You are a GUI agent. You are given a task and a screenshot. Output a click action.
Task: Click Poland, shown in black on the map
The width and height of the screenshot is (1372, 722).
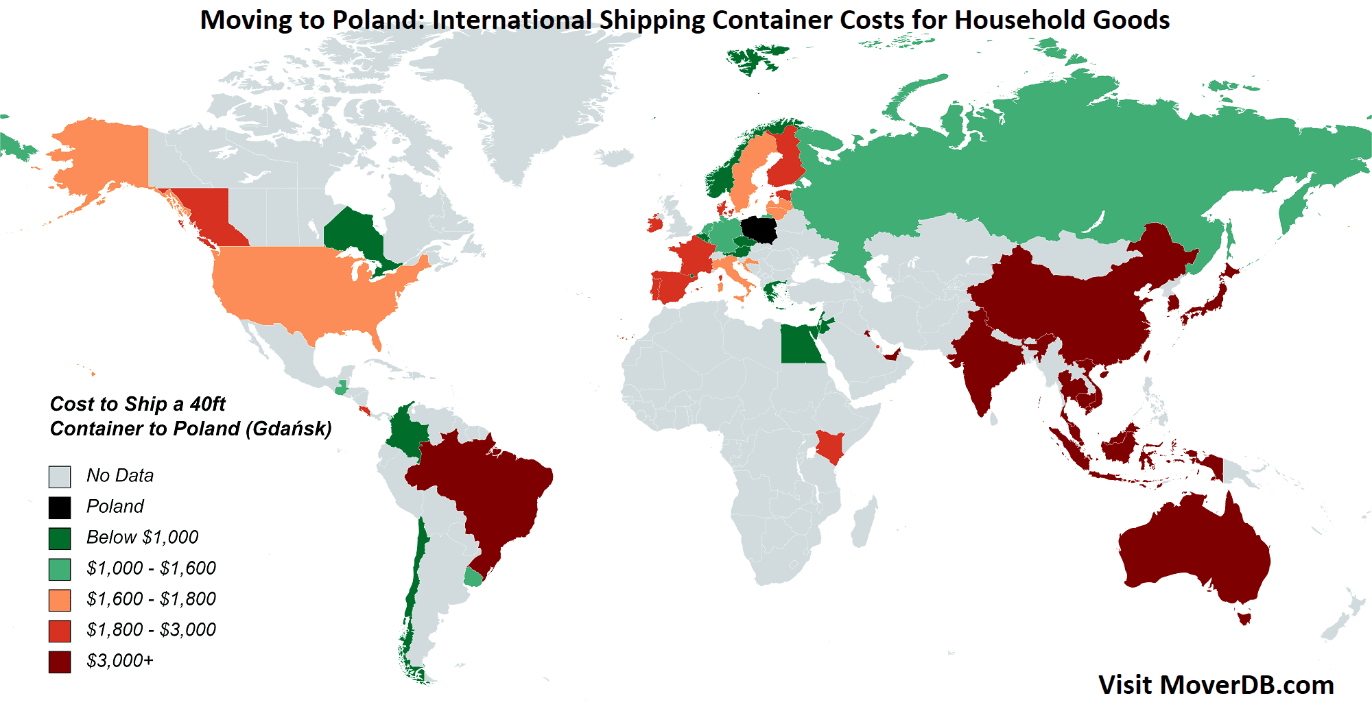pyautogui.click(x=759, y=230)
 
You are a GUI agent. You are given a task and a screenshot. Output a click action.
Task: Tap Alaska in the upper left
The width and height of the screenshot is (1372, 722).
pyautogui.click(x=103, y=158)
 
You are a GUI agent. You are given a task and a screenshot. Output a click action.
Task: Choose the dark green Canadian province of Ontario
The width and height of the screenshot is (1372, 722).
pyautogui.click(x=353, y=233)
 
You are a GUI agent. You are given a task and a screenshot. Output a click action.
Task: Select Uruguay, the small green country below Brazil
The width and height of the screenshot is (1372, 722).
pyautogui.click(x=473, y=578)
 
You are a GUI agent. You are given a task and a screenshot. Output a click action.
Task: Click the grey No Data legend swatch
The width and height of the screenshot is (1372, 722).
pyautogui.click(x=60, y=477)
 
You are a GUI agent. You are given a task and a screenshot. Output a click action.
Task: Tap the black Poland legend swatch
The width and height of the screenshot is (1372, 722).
pyautogui.click(x=60, y=507)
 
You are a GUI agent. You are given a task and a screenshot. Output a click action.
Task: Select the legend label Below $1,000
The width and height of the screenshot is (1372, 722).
pyautogui.click(x=142, y=537)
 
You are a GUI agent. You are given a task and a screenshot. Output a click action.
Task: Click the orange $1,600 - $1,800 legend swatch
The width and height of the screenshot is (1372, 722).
pyautogui.click(x=60, y=600)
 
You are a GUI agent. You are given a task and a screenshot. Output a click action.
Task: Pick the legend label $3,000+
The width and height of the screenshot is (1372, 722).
pyautogui.click(x=120, y=660)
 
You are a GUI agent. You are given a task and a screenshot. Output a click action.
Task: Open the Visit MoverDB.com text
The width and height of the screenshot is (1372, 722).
pyautogui.click(x=1216, y=685)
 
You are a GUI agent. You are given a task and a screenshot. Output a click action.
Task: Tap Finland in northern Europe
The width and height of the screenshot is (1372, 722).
pyautogui.click(x=788, y=161)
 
